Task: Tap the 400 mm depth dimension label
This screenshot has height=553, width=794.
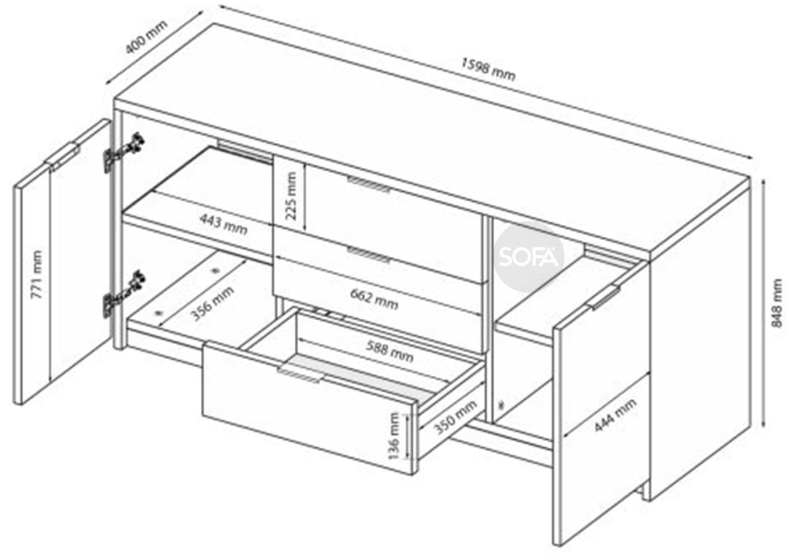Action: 146,37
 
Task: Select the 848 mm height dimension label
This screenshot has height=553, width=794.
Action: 777,303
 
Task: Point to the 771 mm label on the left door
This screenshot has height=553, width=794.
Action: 36,275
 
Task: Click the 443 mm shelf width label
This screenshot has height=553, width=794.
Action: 224,224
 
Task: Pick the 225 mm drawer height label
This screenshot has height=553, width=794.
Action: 290,196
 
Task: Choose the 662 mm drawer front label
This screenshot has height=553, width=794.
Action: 374,298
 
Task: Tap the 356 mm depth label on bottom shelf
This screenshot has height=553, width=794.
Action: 212,303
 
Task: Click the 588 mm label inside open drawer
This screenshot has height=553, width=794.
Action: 390,351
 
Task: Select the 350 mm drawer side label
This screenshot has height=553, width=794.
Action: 455,417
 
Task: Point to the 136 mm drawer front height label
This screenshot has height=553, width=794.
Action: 394,436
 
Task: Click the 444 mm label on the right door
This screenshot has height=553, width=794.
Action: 615,415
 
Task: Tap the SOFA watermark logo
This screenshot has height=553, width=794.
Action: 529,257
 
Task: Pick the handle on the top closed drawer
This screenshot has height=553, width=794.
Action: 369,184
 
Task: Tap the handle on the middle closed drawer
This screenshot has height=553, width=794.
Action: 369,255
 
